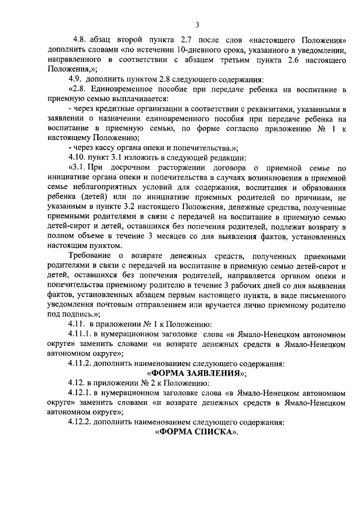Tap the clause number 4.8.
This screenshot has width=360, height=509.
80,41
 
